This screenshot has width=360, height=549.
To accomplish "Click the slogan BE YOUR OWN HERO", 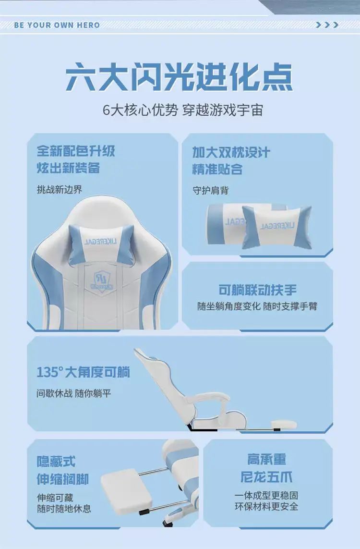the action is pyautogui.click(x=57, y=25).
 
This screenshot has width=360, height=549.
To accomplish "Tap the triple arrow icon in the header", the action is pyautogui.click(x=327, y=25).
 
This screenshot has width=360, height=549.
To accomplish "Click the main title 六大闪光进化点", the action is pyautogui.click(x=179, y=77).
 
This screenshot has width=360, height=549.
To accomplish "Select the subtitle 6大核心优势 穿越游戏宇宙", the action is pyautogui.click(x=182, y=110).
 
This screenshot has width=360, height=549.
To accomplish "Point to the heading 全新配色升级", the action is pyautogui.click(x=76, y=151).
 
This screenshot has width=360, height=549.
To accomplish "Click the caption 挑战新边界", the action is pyautogui.click(x=60, y=190).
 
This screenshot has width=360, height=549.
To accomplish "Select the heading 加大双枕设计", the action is pyautogui.click(x=231, y=152).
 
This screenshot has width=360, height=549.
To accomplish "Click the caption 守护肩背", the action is pyautogui.click(x=211, y=191).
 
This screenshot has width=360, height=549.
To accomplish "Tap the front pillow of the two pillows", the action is pyautogui.click(x=277, y=227).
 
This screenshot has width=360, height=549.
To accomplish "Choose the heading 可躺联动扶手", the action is pyautogui.click(x=257, y=290).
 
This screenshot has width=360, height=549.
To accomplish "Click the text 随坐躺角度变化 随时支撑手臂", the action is pyautogui.click(x=257, y=306).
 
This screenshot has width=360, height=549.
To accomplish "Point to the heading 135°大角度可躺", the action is pyautogui.click(x=83, y=372).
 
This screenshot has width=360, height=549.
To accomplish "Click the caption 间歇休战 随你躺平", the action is pyautogui.click(x=74, y=393).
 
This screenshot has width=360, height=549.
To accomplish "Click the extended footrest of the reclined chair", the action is pyautogui.click(x=283, y=425).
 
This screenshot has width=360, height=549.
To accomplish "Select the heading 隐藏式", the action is pyautogui.click(x=56, y=462).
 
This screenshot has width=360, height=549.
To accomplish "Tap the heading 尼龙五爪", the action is pyautogui.click(x=266, y=477).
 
